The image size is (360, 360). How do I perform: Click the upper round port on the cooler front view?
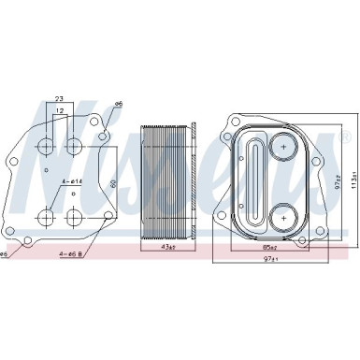281,145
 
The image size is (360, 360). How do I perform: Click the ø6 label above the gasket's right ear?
119,105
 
